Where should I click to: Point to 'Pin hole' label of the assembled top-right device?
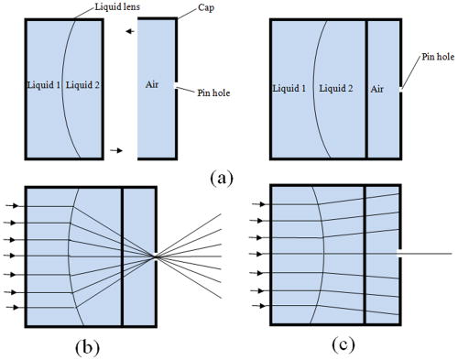[x=437, y=57]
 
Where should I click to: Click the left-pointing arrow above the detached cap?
[x=132, y=32]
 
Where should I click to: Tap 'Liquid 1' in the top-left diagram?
[x=44, y=85]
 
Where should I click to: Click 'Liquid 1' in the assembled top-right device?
[x=289, y=90]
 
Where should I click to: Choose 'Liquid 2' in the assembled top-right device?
[x=336, y=90]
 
